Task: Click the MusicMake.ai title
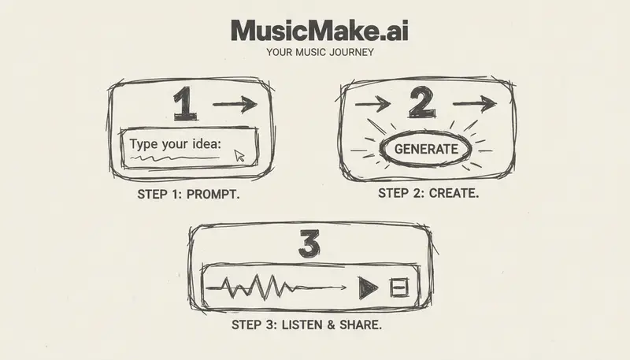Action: [319, 31]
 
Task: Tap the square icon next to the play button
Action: [400, 288]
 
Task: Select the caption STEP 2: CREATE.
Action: [428, 193]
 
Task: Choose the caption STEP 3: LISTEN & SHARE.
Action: [307, 324]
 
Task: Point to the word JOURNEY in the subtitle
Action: [349, 54]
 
